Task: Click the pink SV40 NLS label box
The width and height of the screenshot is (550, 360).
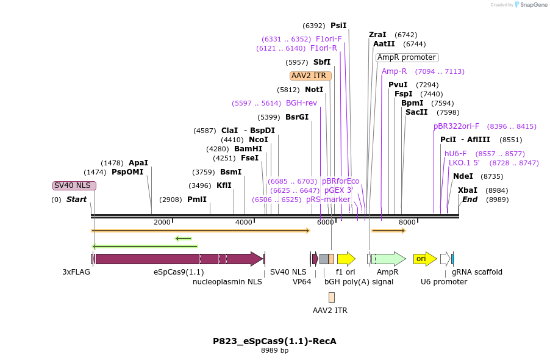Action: (x=74, y=185)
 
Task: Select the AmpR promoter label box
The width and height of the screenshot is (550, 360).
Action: (x=407, y=57)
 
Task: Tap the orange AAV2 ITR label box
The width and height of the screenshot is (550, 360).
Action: (x=310, y=76)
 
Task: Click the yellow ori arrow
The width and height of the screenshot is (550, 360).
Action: (x=424, y=259)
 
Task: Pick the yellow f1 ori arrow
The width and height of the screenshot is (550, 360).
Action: (x=346, y=259)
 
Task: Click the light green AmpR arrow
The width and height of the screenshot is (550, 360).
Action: (x=388, y=259)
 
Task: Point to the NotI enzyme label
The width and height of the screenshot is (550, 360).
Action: (x=314, y=90)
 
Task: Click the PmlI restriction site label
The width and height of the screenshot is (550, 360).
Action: (x=197, y=200)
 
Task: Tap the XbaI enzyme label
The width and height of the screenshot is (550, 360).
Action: (x=468, y=190)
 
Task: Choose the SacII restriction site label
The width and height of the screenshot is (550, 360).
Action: (x=416, y=112)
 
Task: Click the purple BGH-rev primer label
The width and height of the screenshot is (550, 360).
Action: (x=301, y=103)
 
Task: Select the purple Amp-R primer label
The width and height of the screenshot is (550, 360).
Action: (x=394, y=71)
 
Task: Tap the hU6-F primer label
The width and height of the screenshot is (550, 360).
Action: (x=455, y=154)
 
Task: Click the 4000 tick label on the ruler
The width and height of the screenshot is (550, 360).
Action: (x=243, y=222)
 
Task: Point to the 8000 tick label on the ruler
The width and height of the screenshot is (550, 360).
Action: (x=407, y=222)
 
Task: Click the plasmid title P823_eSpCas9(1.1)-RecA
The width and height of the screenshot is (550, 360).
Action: (x=274, y=341)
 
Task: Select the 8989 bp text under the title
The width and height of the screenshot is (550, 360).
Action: (x=274, y=350)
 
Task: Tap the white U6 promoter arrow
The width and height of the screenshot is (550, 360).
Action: (x=445, y=259)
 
